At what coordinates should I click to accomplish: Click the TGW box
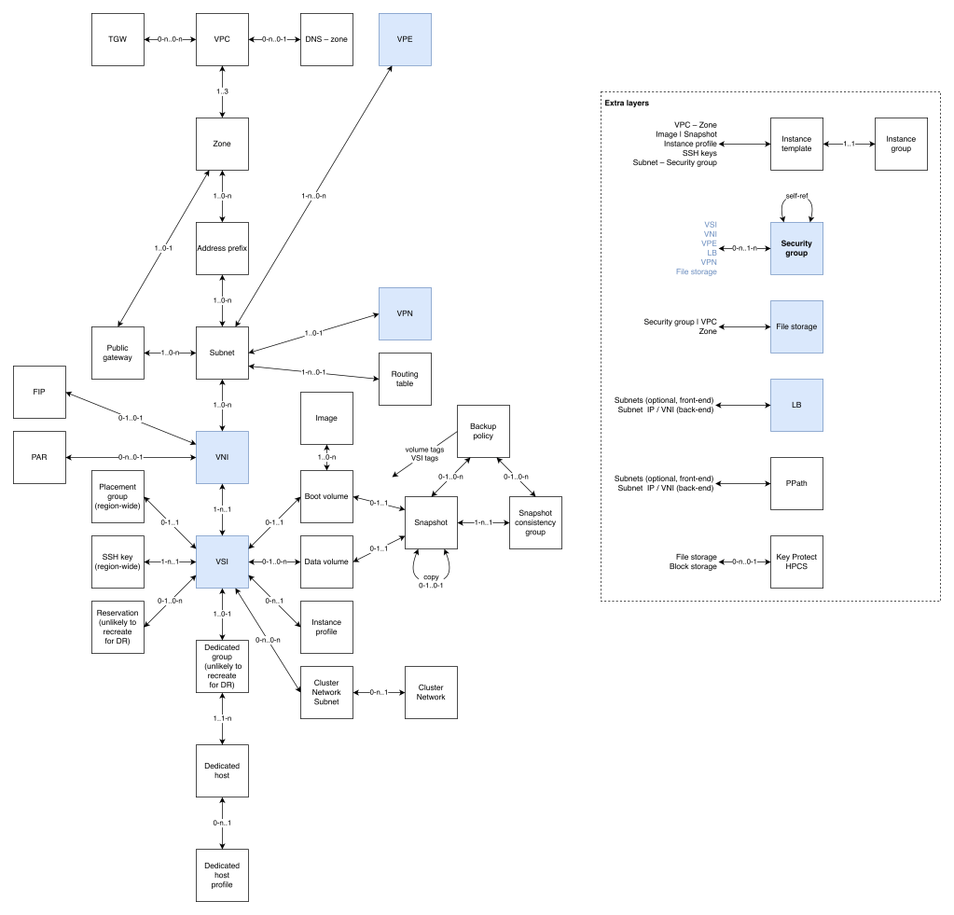click(x=118, y=39)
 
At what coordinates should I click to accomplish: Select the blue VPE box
click(x=405, y=39)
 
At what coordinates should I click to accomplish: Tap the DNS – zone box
click(x=326, y=39)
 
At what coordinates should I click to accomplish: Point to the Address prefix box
click(x=222, y=248)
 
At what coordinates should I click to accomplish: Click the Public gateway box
click(x=118, y=353)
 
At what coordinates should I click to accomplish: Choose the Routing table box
click(x=405, y=379)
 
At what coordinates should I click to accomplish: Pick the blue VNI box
click(x=222, y=457)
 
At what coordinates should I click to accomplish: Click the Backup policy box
click(x=483, y=431)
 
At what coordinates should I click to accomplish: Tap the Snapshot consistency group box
click(x=535, y=521)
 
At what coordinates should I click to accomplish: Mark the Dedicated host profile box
click(x=222, y=875)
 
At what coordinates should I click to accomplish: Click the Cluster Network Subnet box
click(x=326, y=692)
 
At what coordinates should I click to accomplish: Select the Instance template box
click(x=796, y=144)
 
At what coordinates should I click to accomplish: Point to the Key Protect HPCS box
click(x=796, y=561)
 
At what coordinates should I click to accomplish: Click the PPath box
click(x=796, y=483)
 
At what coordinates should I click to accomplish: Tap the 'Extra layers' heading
click(x=627, y=103)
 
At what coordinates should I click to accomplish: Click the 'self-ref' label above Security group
click(x=796, y=197)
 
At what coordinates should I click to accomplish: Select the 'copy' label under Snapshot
click(x=431, y=577)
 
